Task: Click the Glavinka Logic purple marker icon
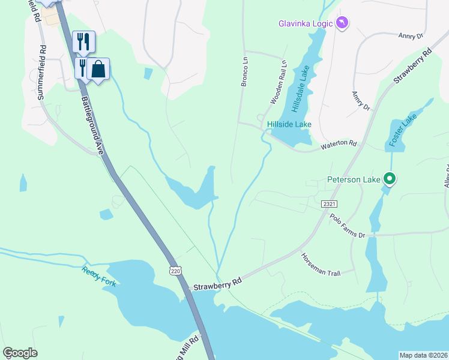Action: click(x=343, y=23)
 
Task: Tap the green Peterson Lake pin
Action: click(x=390, y=179)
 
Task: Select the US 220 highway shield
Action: click(x=175, y=271)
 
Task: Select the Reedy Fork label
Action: click(x=96, y=273)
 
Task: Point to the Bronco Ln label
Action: click(x=244, y=72)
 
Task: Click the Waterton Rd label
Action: click(x=339, y=145)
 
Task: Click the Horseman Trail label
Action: click(x=321, y=264)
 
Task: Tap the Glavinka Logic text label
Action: click(x=306, y=24)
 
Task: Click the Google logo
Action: click(x=20, y=353)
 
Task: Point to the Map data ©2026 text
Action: click(x=423, y=355)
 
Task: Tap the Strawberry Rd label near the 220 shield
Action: click(x=217, y=283)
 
